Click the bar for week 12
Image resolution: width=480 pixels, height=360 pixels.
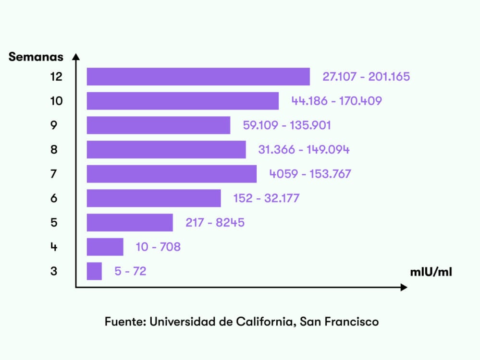(x=198, y=77)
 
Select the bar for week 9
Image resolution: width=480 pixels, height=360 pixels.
(x=158, y=125)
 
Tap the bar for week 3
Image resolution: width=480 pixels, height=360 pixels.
(x=94, y=271)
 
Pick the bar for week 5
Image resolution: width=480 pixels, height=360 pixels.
(x=130, y=223)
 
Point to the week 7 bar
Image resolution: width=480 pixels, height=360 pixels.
(x=172, y=174)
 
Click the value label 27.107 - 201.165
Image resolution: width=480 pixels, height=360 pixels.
(x=366, y=77)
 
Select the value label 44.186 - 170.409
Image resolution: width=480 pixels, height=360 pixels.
(x=336, y=101)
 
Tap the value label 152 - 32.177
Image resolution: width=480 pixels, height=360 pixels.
(x=266, y=198)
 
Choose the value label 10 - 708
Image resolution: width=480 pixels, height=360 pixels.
(x=158, y=247)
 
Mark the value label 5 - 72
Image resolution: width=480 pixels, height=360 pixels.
(x=130, y=271)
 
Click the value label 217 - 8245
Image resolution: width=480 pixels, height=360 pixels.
(x=215, y=223)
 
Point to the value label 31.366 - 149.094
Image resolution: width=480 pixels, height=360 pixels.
(x=304, y=150)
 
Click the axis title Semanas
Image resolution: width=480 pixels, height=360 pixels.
(x=36, y=57)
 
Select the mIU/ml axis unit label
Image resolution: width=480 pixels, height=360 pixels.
(x=431, y=272)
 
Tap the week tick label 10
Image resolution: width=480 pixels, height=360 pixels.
(x=56, y=101)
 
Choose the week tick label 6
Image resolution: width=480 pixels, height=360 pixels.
(x=54, y=198)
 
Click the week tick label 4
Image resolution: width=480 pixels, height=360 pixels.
(x=54, y=247)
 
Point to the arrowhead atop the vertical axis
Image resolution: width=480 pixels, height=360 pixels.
(x=75, y=57)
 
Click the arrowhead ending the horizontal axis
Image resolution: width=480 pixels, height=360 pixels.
(x=404, y=288)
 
